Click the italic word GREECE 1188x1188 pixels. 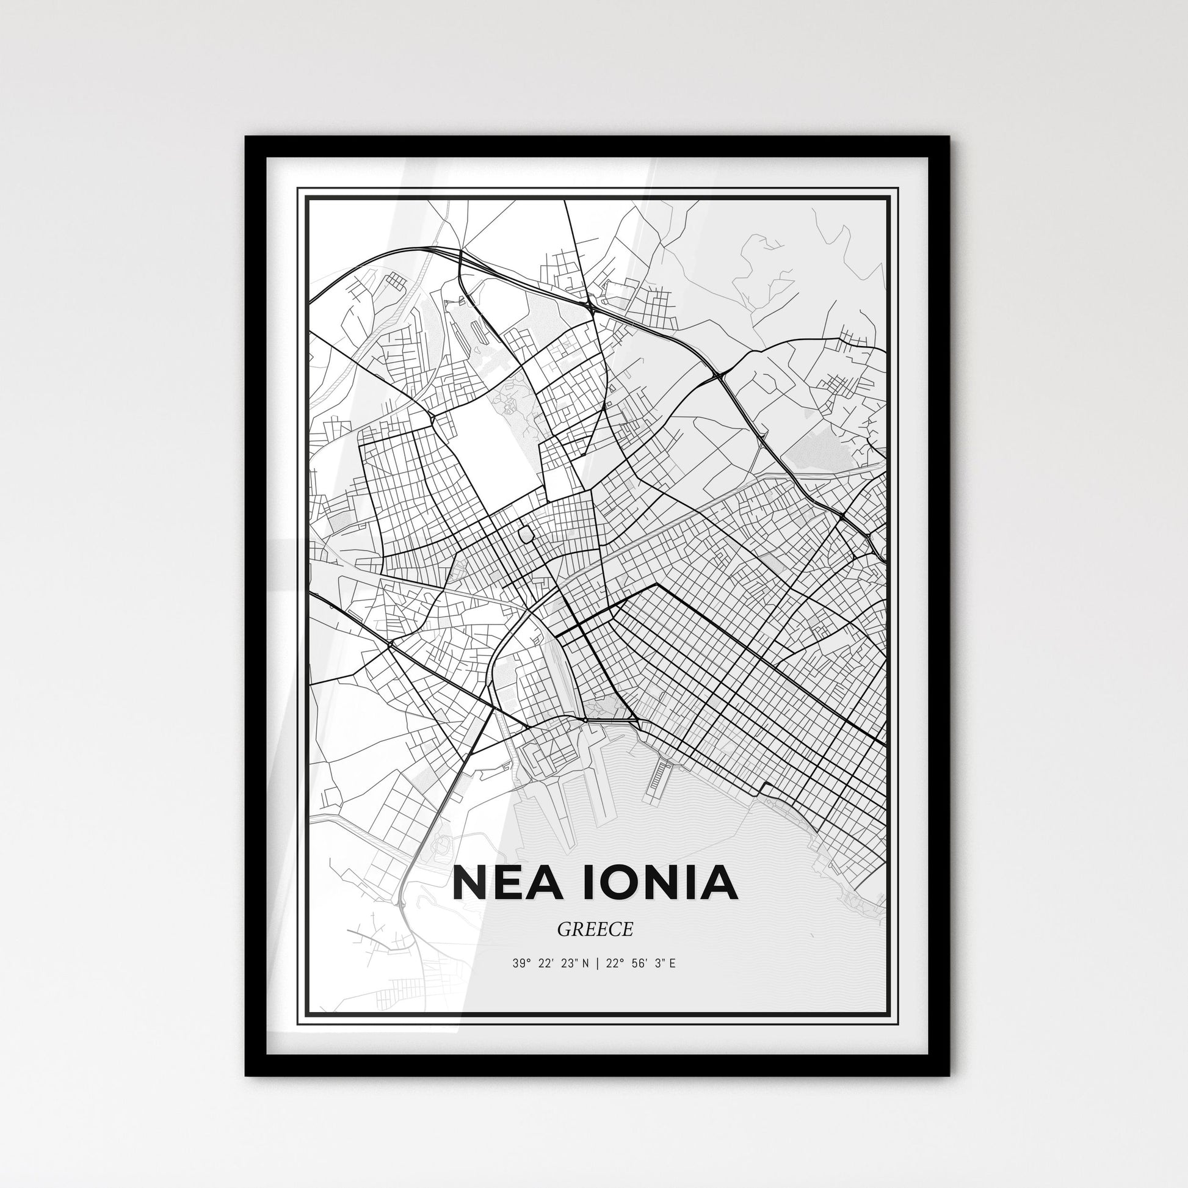595,930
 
